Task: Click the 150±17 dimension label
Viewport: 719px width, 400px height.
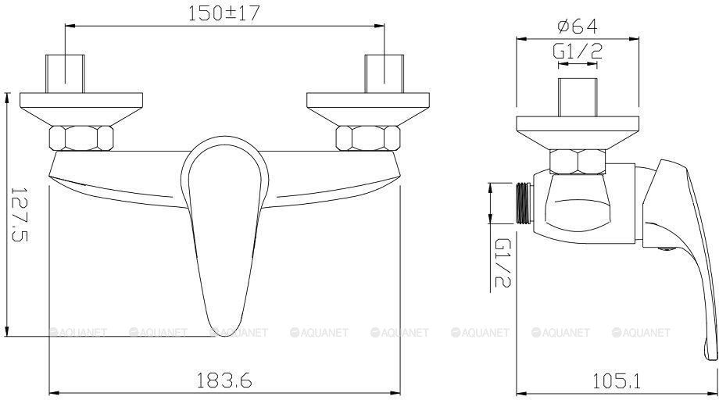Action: (x=224, y=13)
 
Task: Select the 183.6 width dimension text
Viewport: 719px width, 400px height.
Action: (x=224, y=380)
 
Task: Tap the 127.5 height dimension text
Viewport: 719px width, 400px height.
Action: (x=19, y=214)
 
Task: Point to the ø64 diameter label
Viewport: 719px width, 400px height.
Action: (x=578, y=26)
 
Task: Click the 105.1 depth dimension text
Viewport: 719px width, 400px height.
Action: (x=616, y=380)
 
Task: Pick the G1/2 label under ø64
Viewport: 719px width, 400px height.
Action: (x=578, y=52)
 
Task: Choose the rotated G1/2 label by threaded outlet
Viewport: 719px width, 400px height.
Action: (x=503, y=262)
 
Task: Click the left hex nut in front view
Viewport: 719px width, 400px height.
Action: (x=81, y=137)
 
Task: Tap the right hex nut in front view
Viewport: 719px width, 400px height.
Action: (x=368, y=137)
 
